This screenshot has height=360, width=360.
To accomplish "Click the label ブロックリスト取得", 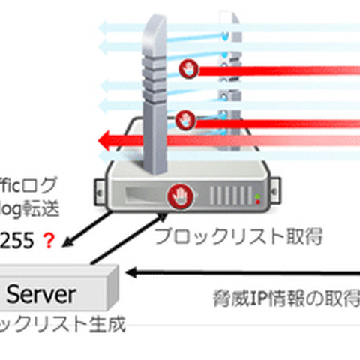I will tap(238, 238).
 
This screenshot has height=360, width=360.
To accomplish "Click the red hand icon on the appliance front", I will tap(178, 195).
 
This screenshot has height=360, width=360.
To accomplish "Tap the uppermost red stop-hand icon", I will tap(187, 70).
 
